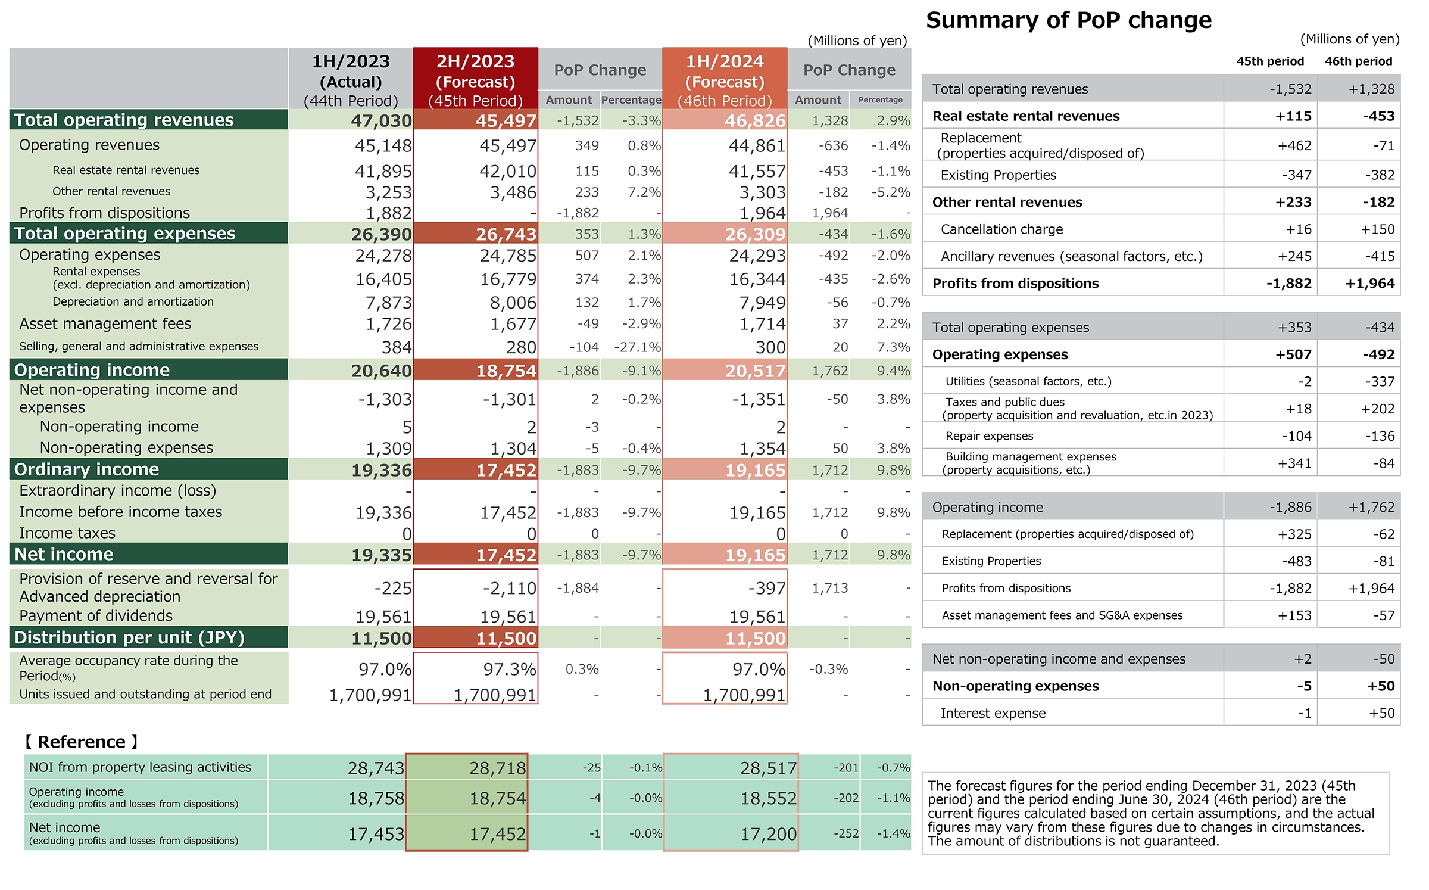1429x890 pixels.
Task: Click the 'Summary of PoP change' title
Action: pos(1069,20)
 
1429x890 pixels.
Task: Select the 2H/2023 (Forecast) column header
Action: pos(476,80)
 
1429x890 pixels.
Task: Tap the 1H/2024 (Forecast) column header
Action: pos(725,80)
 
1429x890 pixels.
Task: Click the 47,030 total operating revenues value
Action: pos(381,120)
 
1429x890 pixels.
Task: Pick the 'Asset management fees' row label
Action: pos(105,323)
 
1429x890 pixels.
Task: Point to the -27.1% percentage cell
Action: pos(637,347)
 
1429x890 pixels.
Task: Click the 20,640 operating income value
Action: pos(381,371)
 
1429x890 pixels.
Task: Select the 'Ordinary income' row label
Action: pos(87,469)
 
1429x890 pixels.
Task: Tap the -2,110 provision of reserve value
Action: pos(510,588)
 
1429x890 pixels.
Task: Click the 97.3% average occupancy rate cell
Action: pos(510,669)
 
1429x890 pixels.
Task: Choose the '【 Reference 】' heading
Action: pos(82,742)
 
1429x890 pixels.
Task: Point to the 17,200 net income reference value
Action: pos(768,834)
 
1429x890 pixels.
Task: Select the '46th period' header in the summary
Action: pos(1359,61)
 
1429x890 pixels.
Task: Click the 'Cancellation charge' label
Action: pos(1002,229)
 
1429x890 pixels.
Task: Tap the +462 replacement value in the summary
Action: pos(1294,145)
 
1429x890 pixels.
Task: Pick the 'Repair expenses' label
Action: pos(990,435)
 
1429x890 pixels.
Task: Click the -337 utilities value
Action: pos(1380,381)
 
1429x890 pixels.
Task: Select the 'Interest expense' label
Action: pos(993,713)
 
